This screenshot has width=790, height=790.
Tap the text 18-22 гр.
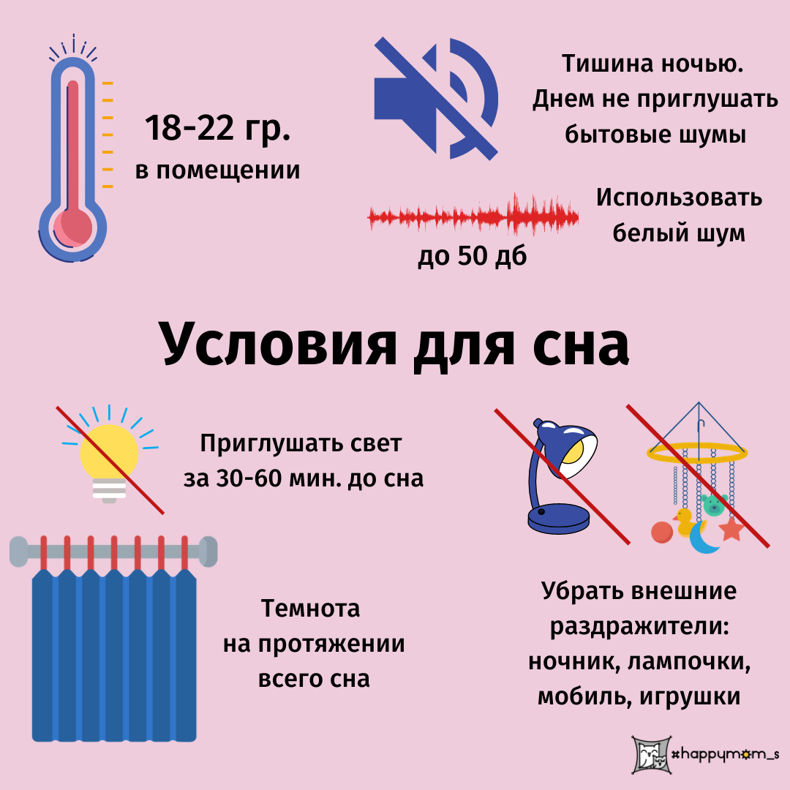click(217, 129)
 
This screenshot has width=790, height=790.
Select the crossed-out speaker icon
click(436, 99)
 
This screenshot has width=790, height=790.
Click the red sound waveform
click(473, 217)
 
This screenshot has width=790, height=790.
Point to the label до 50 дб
click(472, 256)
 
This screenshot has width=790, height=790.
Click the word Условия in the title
click(277, 344)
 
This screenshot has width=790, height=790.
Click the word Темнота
click(312, 609)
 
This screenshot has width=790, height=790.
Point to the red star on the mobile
click(731, 528)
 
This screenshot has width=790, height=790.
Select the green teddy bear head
click(713, 503)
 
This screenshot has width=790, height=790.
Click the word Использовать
click(679, 197)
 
